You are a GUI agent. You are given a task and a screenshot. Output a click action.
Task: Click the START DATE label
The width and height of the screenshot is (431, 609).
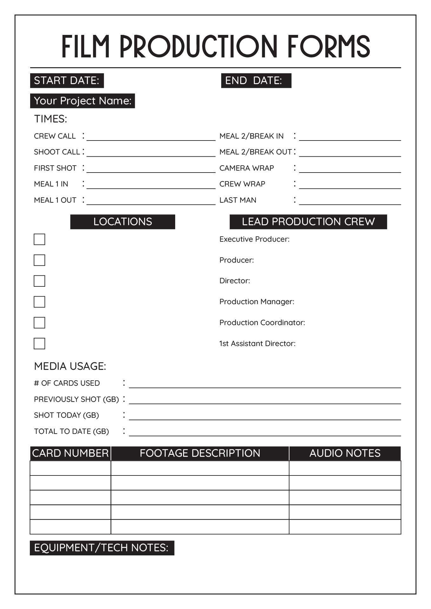point(67,81)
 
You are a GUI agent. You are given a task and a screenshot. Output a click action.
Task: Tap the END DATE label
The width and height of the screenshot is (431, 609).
point(253,81)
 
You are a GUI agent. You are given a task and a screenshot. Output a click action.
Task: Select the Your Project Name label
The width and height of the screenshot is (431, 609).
point(83,101)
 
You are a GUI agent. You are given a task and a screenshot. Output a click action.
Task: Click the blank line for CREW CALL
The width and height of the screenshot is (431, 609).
point(151,137)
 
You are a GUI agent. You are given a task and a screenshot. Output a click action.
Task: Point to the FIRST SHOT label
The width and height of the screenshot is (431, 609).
point(55,168)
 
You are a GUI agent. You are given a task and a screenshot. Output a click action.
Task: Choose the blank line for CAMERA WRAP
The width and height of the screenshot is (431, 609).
point(350,169)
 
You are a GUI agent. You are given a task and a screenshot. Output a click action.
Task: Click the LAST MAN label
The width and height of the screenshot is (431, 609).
point(238,200)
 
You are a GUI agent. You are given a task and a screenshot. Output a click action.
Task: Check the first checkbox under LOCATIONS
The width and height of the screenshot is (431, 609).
point(39,239)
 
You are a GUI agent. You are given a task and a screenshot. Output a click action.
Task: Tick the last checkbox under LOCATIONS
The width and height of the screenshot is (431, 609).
point(39,344)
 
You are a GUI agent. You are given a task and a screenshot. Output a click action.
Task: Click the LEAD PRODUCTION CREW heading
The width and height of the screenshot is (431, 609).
point(308,222)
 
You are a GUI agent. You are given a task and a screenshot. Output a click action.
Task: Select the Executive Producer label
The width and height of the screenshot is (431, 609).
point(254,239)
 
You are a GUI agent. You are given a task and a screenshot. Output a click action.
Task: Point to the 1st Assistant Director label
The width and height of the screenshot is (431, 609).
point(257,344)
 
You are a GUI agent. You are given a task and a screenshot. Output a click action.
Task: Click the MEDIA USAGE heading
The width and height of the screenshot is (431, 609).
point(70,366)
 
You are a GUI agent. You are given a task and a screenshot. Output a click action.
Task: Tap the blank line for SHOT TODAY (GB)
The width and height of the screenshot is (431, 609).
point(265,416)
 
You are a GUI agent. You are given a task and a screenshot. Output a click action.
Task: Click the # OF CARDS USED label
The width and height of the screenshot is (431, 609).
point(67,383)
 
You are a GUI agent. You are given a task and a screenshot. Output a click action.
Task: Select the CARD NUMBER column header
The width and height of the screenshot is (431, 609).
point(70,453)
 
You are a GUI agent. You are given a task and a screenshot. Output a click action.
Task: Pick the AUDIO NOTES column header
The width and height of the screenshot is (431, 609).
point(345,453)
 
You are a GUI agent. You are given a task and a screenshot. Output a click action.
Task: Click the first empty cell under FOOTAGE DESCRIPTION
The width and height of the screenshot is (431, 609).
point(200,468)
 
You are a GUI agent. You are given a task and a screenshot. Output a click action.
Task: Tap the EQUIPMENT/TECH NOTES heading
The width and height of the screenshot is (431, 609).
point(102,548)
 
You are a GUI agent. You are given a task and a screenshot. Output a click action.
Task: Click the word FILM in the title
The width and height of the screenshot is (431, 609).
point(86,47)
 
